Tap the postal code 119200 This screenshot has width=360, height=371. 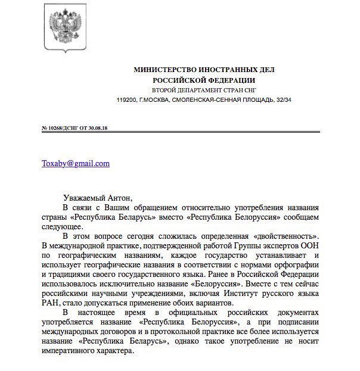126,99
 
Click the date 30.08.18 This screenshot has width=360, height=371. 103,128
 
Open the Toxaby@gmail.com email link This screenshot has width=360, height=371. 76,163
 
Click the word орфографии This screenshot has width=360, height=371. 295,265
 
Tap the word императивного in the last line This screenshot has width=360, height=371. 69,351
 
